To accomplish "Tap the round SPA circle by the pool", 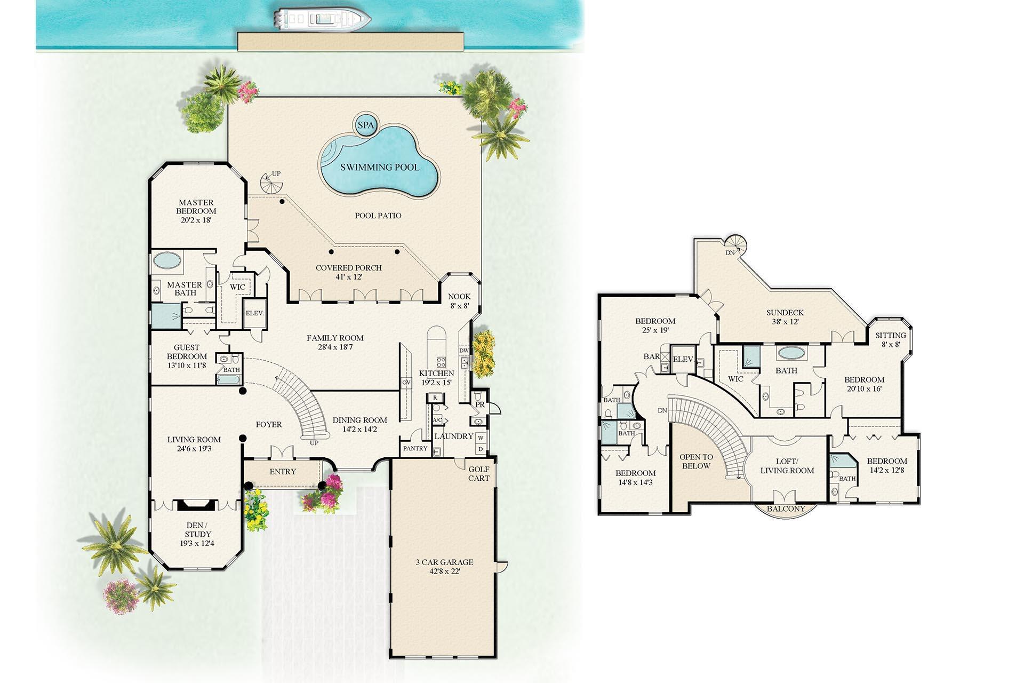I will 365,126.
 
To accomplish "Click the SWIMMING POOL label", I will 380,167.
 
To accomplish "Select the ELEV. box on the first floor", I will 254,313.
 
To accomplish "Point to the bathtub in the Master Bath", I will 167,261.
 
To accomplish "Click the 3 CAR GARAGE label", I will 444,566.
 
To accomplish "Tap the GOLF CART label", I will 478,474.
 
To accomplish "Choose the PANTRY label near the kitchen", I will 415,448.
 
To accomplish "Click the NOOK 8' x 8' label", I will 459,301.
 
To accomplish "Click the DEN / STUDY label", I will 198,534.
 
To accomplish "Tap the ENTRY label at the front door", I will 283,471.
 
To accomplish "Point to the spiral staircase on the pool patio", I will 273,185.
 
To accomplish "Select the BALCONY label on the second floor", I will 786,509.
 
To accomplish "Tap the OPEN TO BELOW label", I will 696,461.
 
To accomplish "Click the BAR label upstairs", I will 652,356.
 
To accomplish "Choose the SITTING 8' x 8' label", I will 890,339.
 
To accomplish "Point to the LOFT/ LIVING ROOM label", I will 787,466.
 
